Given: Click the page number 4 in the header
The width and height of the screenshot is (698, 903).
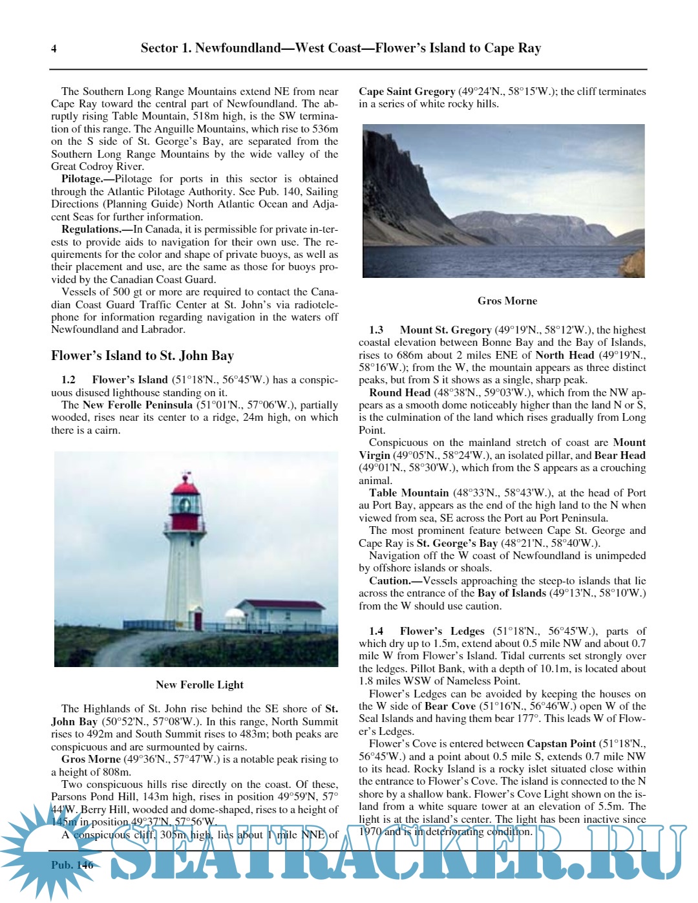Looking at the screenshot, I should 54,48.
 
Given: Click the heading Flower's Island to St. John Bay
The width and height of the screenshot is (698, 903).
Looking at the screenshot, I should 142,356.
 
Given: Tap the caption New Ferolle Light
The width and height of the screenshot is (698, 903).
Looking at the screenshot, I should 200,685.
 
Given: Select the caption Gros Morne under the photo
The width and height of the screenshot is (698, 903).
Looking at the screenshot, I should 507,301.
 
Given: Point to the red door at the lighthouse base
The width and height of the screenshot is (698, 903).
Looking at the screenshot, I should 198,621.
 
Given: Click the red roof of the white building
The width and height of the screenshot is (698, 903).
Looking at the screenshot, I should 280,605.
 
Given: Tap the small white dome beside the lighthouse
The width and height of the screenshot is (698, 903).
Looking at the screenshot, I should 233,613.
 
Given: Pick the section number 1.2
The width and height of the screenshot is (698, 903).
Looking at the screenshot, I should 69,380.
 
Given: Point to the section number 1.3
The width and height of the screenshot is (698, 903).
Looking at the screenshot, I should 376,330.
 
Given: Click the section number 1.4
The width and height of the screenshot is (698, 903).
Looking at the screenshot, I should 376,631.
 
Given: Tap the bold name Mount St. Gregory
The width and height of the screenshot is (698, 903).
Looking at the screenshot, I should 446,330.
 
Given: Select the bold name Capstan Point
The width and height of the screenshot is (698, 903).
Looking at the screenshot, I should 561,744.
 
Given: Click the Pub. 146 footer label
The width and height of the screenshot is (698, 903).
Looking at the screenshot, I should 72,865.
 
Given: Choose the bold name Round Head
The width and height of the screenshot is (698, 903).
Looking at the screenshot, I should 399,392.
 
